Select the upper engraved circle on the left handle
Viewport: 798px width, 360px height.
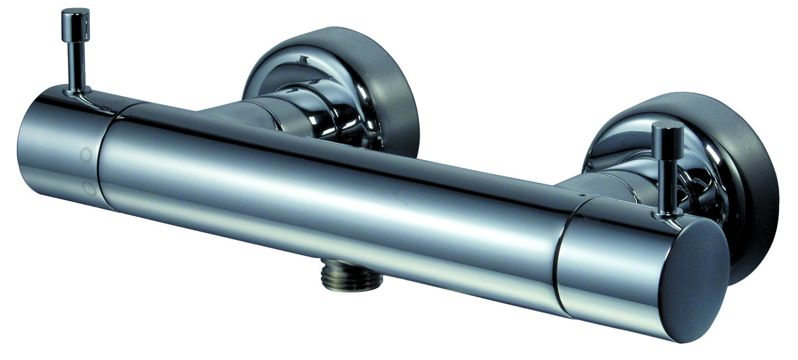(86, 154)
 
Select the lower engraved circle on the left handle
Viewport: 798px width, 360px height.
(86, 186)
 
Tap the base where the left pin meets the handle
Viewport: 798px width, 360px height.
(76, 91)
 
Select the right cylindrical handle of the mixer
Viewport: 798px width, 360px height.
(608, 270)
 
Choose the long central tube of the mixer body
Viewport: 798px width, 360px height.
(324, 196)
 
